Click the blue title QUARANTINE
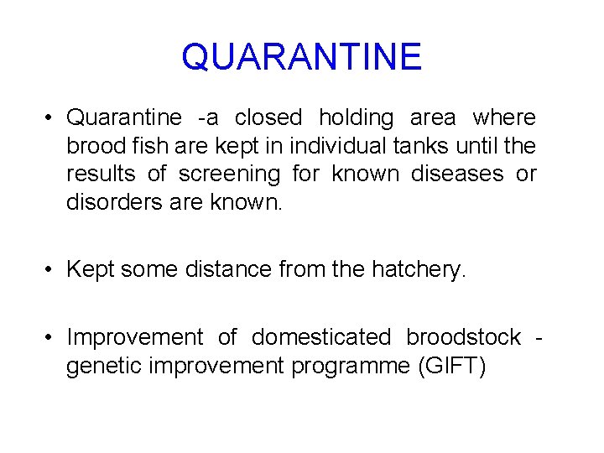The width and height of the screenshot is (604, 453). tap(301, 57)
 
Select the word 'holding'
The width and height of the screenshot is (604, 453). tap(356, 118)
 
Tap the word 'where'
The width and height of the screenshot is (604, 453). tap(504, 118)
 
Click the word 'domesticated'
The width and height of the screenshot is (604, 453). tap(321, 337)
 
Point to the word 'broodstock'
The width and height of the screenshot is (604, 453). tap(464, 337)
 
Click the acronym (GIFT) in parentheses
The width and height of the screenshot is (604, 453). tap(451, 366)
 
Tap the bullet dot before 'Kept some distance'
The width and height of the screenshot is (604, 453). tap(51, 269)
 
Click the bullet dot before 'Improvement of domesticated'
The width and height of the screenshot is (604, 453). tap(51, 337)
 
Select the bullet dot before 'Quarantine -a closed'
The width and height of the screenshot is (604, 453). tap(51, 118)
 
